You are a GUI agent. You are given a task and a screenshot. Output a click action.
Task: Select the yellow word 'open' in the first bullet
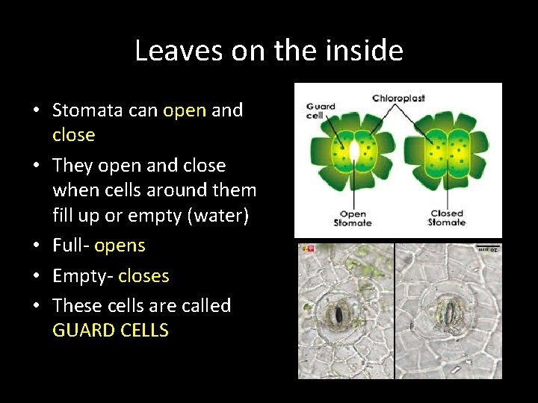[x=184, y=110]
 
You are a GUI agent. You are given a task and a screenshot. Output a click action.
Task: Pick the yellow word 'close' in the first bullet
[x=73, y=135]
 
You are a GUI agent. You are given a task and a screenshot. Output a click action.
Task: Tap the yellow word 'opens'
[x=120, y=246]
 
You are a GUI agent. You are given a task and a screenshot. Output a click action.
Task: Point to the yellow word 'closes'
[x=143, y=276]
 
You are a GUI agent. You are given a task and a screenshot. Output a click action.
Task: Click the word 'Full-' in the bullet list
[x=71, y=246]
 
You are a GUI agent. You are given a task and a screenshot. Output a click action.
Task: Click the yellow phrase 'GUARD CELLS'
[x=111, y=331]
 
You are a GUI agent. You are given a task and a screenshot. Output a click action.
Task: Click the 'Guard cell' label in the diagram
[x=321, y=111]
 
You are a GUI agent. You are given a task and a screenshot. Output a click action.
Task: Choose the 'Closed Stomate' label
[x=446, y=218]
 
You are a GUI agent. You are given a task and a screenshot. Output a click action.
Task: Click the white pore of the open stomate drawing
[x=354, y=151]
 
